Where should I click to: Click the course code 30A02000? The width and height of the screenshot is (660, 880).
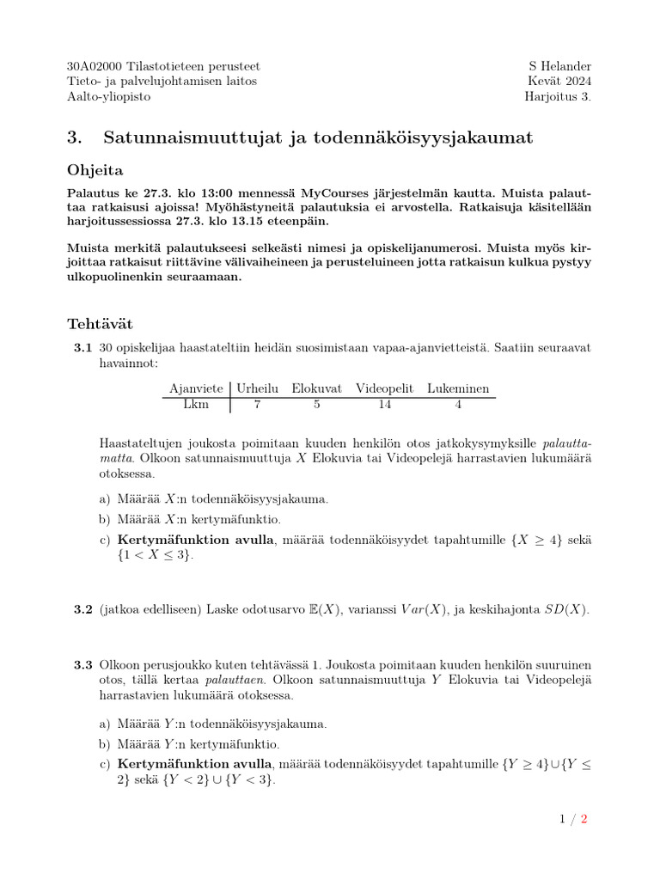[95, 66]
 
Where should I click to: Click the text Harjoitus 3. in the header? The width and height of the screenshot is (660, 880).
[558, 96]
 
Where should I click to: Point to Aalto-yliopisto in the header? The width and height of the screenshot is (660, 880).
[108, 96]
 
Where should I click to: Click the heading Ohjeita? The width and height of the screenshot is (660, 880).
[95, 171]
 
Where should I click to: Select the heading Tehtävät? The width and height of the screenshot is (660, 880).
[100, 324]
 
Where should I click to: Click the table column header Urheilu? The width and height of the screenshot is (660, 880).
[259, 388]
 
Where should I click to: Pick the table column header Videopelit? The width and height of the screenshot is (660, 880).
[388, 388]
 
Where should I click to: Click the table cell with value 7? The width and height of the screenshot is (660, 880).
[258, 405]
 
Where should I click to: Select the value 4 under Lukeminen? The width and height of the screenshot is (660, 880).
[458, 405]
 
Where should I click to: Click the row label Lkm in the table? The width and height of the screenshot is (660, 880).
[196, 405]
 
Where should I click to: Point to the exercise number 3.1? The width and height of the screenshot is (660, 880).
[82, 348]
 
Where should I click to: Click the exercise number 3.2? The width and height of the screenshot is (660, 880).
[82, 609]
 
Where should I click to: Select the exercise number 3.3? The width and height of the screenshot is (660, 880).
[82, 664]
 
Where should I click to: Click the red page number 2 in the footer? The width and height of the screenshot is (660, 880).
[584, 819]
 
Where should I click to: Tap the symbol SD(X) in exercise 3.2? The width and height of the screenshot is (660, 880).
[568, 609]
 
